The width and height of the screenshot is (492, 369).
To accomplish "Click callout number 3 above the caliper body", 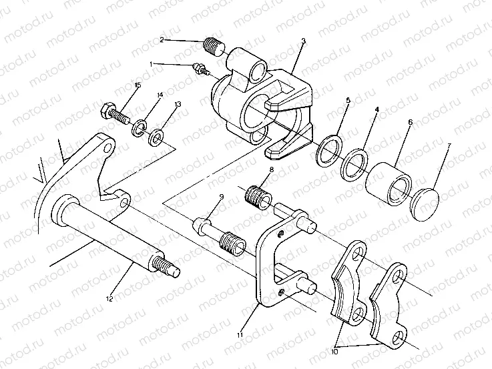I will point(303,41).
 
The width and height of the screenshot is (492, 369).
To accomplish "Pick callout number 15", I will point(138,85).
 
